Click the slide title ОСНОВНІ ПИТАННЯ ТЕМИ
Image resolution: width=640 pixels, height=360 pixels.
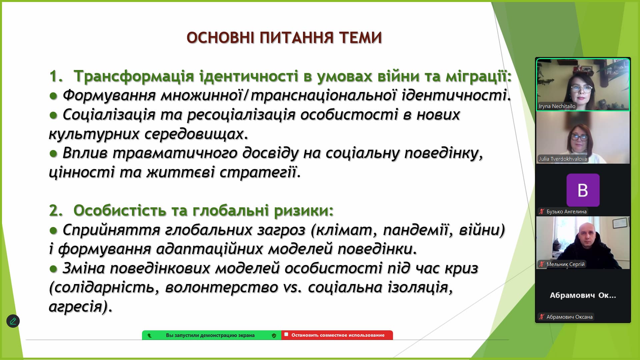click(284, 37)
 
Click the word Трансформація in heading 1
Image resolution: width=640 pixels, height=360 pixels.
click(134, 76)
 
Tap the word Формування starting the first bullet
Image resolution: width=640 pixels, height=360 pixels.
click(109, 96)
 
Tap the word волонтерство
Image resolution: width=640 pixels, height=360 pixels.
click(221, 288)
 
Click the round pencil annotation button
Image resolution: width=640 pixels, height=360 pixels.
click(13, 321)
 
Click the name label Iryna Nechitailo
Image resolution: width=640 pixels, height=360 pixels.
click(557, 106)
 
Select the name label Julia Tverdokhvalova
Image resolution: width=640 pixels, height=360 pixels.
click(563, 159)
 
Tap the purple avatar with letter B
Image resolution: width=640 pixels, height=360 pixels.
click(583, 190)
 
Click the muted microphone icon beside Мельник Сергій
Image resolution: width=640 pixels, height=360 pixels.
click(542, 264)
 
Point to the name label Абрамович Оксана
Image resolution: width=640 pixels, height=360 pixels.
click(569, 317)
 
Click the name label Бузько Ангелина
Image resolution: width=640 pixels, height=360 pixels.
click(566, 212)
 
